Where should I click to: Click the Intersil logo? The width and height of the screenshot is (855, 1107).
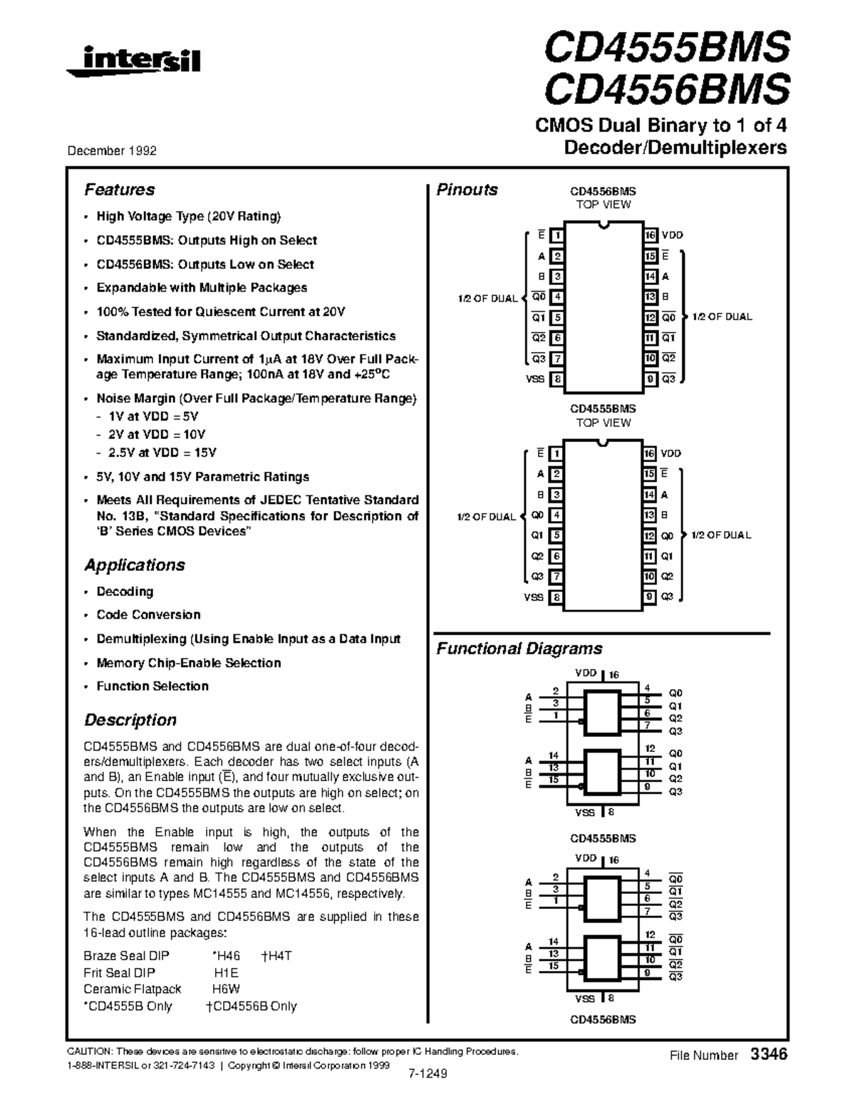(133, 61)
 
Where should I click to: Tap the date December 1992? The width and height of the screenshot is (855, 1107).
(112, 151)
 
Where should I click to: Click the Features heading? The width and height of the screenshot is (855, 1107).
(119, 190)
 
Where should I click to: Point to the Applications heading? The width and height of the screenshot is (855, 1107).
(134, 565)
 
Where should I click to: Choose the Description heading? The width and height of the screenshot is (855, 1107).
(130, 720)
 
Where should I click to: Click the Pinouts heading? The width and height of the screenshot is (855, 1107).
(467, 190)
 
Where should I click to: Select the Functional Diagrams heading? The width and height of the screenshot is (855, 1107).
(519, 649)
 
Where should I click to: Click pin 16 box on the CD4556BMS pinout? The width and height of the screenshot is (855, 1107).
(650, 235)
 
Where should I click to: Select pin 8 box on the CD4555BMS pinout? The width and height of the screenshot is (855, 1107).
(556, 597)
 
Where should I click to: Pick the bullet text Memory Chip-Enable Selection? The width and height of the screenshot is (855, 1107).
(188, 663)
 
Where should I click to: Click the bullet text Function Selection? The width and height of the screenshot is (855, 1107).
(152, 686)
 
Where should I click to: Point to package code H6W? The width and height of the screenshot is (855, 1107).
(226, 989)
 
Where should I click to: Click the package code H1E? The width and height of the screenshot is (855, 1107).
(226, 973)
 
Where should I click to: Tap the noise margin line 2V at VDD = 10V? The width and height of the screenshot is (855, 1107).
(157, 435)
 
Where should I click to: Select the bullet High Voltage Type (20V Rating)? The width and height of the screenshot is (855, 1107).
(189, 217)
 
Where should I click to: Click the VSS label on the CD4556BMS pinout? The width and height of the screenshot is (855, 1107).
(535, 379)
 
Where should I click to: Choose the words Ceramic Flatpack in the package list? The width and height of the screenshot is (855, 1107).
(132, 989)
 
